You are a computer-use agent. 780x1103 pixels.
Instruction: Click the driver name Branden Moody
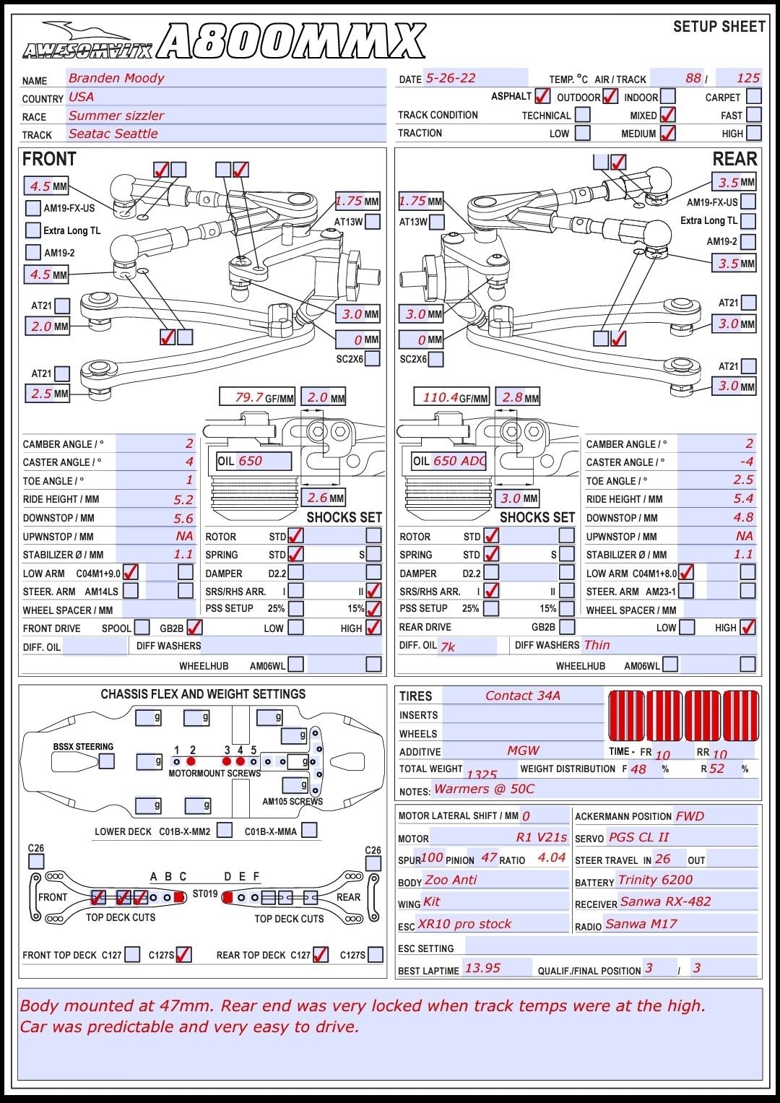(116, 78)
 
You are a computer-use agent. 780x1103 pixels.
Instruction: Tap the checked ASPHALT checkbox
(542, 96)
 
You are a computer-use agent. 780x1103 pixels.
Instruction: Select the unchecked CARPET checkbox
(753, 96)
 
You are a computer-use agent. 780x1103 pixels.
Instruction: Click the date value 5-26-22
(450, 78)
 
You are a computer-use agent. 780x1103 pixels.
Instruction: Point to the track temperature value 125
(747, 78)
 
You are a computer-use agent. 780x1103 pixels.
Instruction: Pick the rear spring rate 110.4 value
(440, 397)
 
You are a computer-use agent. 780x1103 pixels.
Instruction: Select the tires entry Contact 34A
(522, 696)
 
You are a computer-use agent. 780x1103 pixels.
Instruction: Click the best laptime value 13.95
(482, 968)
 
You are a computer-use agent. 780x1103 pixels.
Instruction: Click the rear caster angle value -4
(746, 462)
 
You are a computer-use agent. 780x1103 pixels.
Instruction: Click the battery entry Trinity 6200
(654, 880)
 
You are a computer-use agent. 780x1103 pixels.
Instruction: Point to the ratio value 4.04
(551, 858)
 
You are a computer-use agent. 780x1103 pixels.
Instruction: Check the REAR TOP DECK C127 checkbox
(321, 954)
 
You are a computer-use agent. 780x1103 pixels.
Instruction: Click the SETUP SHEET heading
(719, 27)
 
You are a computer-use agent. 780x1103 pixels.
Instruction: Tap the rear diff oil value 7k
(448, 646)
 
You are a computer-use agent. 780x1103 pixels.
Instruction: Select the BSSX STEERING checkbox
(107, 761)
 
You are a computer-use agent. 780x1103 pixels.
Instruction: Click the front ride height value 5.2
(183, 499)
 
